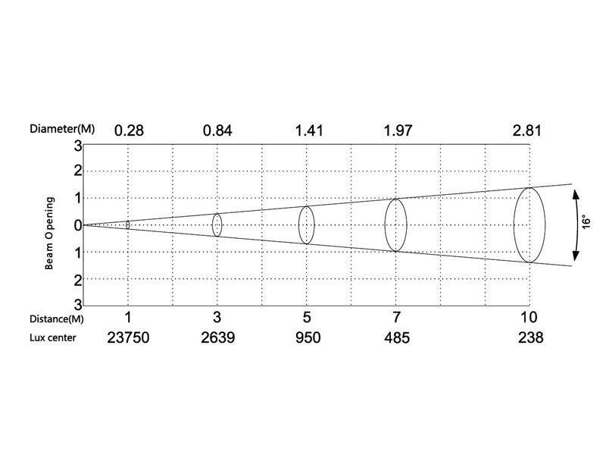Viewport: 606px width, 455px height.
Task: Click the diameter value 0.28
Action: pos(129,130)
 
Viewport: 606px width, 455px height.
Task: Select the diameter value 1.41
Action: pos(309,130)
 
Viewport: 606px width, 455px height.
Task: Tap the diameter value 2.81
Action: pos(526,130)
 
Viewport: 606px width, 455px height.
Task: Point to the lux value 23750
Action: pos(128,337)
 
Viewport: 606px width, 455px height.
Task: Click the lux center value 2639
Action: pos(217,337)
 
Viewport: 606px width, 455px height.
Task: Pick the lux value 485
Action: pos(396,337)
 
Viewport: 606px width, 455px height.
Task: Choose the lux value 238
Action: pos(531,337)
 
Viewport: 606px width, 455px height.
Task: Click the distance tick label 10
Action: pos(528,317)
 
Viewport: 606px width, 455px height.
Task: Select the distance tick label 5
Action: pos(307,317)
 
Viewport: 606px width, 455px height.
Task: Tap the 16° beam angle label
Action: pos(586,222)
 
